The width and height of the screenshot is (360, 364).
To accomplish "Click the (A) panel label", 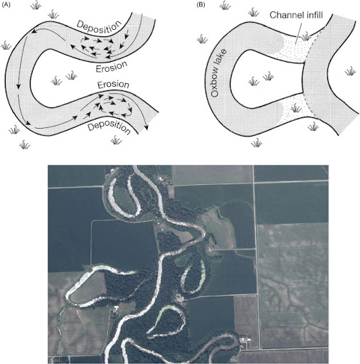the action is pos(6,5).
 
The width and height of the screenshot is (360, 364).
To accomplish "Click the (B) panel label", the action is pos(201,5).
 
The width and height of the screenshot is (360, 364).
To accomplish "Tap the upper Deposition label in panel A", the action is pos(99,26).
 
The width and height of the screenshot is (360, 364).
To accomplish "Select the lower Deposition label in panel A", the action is pos(109,127).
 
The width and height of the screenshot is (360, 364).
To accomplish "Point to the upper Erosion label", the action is pos(112,67).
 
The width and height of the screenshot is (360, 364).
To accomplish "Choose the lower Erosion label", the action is pos(113,85).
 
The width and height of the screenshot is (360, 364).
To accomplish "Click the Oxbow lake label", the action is pos(218,73).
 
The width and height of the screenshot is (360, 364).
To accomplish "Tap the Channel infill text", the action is pos(296,15).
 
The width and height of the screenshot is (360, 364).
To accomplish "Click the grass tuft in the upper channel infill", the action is pos(306,36).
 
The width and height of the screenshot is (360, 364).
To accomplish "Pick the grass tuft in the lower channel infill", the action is pos(295,108).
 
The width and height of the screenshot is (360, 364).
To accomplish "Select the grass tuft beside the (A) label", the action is pos(36,5).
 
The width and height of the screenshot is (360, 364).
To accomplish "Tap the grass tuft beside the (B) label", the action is pos(225,5).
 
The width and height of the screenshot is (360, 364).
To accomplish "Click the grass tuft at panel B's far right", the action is pos(350,71).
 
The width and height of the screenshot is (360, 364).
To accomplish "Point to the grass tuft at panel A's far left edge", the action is pos(6,45).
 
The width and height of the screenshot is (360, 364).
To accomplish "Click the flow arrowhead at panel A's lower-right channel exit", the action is pos(147,127).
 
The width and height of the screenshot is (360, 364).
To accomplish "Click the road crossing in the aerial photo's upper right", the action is pos(254,183).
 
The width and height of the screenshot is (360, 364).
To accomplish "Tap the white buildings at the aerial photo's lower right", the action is pos(245,340).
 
